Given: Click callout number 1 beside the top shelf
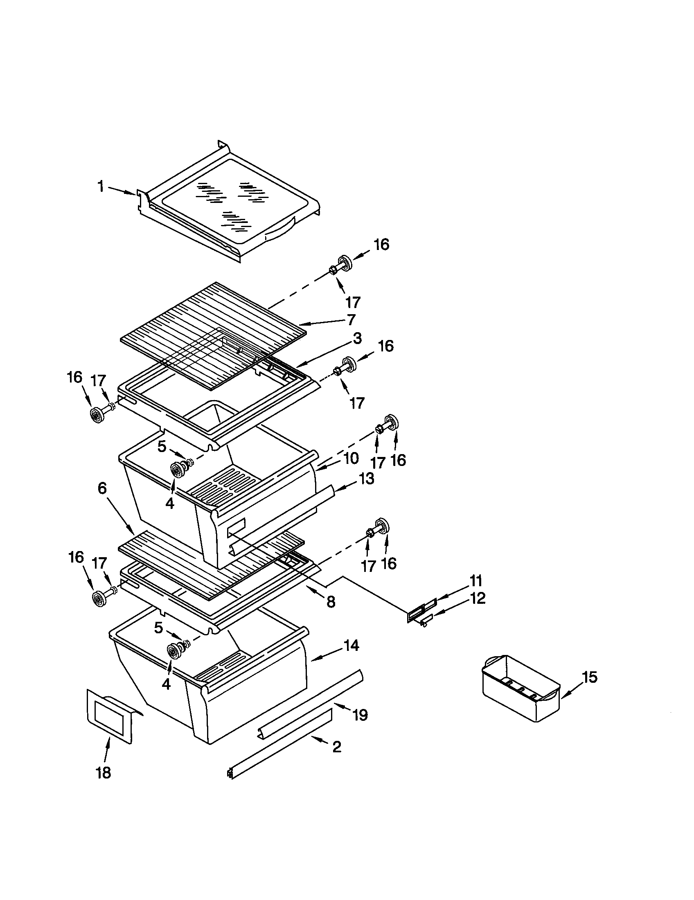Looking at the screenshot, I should click(101, 187).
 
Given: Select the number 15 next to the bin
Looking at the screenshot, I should click(590, 677).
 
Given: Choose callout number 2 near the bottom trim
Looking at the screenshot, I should click(337, 747).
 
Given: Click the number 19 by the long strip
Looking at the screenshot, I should click(360, 715).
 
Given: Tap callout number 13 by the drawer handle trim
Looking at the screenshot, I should click(366, 479).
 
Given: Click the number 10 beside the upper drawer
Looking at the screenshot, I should click(351, 458).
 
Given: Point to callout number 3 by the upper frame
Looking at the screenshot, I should click(357, 339).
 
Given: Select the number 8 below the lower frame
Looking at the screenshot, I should click(331, 602).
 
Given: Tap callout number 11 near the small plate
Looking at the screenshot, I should click(475, 581).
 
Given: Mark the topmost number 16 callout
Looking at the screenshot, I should click(381, 244).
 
